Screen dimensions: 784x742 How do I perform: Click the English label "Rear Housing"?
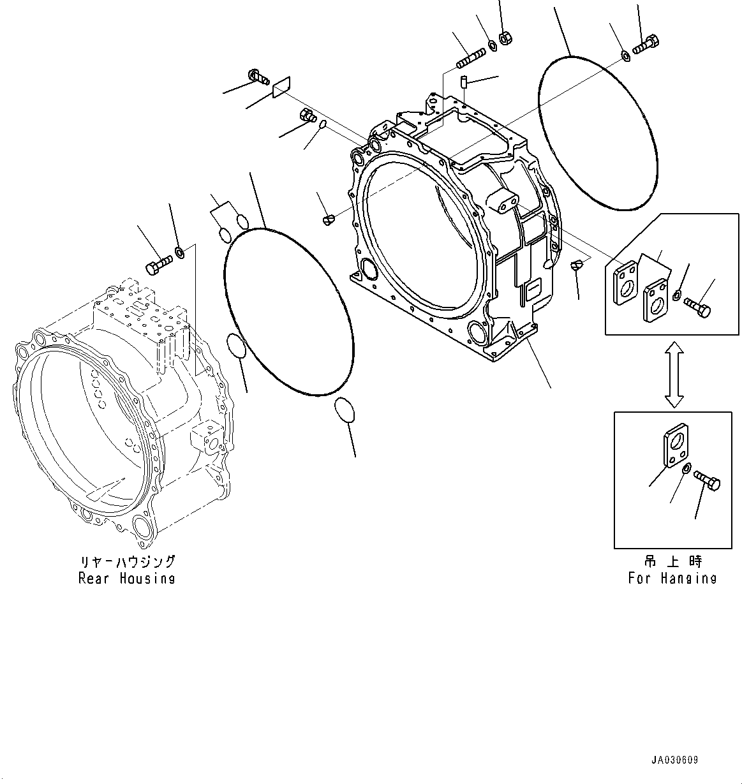pos(126,578)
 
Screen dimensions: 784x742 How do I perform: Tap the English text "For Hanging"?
pos(672,578)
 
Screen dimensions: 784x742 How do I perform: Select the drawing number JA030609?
pos(674,760)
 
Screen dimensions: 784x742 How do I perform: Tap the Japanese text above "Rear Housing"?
pos(126,562)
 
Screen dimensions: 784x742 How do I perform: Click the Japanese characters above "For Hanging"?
pos(672,562)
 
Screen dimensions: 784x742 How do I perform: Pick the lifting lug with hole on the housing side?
pos(504,200)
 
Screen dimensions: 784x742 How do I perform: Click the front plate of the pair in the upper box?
pos(655,299)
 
